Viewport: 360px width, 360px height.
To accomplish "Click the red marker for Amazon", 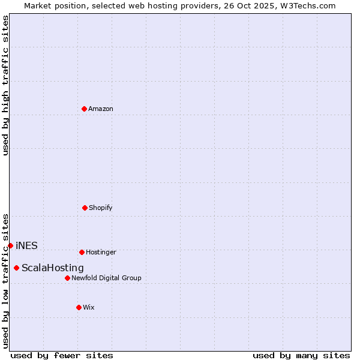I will pos(84,109).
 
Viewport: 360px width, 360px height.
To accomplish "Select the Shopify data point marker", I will pos(85,208).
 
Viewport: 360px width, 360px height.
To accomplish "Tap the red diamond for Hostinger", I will pos(82,252).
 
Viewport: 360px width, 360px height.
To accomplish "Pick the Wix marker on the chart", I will pos(79,307).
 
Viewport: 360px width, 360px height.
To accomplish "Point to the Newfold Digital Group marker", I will pos(67,278).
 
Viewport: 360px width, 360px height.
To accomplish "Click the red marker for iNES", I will pos(10,245).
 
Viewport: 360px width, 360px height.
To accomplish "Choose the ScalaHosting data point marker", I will pos(16,268).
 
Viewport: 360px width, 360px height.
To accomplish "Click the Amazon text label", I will pos(101,109).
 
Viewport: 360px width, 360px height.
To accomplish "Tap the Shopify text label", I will pos(101,208).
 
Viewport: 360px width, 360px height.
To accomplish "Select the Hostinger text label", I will pos(101,253).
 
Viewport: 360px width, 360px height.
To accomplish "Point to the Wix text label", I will pos(89,308).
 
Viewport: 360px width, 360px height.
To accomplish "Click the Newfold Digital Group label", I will pos(106,278).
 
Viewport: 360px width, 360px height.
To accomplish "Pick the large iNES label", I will pos(26,245).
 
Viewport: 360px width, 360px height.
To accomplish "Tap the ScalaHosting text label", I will pos(53,268).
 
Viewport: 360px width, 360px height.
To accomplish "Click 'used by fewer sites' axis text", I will pos(62,356).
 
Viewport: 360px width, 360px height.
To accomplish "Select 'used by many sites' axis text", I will pos(301,356).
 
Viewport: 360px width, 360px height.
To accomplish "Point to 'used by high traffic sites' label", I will pos(5,85).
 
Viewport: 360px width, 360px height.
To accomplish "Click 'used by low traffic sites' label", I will pos(5,280).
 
